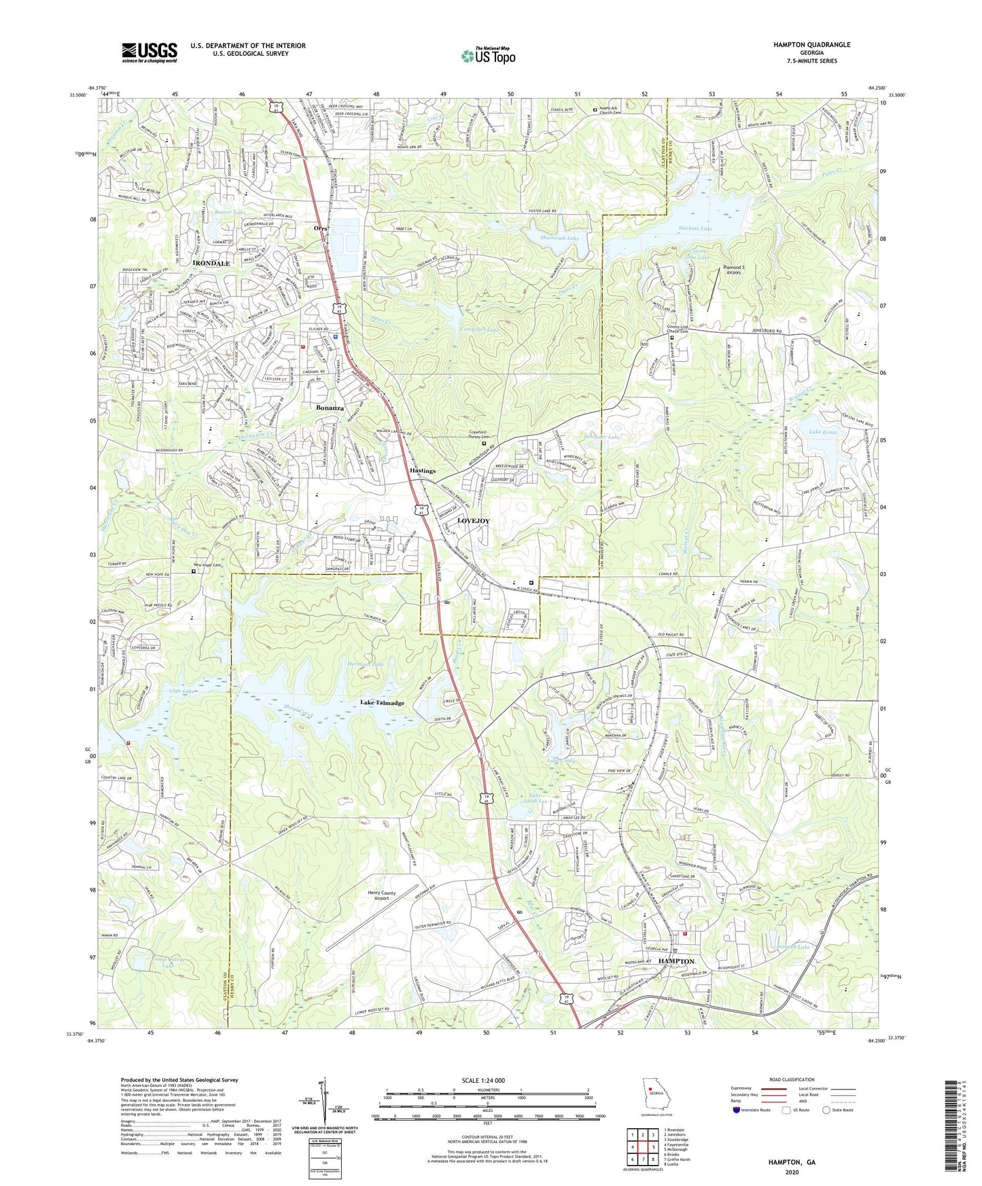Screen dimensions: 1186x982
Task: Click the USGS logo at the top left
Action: [150, 52]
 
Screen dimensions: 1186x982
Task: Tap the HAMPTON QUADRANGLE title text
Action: [811, 45]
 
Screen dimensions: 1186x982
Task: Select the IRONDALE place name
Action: [211, 263]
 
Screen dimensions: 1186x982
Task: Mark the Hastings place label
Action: [422, 471]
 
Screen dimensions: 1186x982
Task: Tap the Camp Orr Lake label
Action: [478, 330]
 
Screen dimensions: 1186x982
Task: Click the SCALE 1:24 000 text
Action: [485, 1081]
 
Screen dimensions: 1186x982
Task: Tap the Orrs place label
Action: [321, 229]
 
